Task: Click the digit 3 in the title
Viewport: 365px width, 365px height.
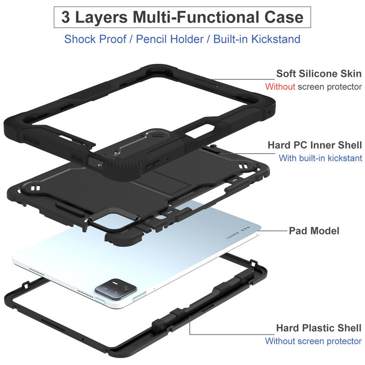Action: coord(65,17)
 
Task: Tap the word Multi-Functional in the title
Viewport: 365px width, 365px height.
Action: coord(196,17)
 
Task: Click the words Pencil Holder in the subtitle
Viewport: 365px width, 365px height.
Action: coord(170,39)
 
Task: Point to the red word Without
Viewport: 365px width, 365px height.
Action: coord(280,87)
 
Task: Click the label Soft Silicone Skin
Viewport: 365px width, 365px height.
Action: coord(319,73)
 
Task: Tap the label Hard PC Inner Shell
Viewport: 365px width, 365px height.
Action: coord(315,145)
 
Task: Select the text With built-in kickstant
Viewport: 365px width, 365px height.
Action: coord(321,158)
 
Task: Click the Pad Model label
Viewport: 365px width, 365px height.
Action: coord(314,231)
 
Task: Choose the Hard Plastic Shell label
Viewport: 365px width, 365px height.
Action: coord(318,328)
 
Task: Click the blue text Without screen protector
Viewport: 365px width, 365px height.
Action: coord(313,341)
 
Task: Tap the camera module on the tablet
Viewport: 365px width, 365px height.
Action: coord(115,290)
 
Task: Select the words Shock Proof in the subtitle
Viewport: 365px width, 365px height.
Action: coord(95,39)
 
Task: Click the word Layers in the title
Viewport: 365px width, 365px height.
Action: coord(101,18)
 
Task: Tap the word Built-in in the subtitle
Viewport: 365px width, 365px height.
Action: coord(230,39)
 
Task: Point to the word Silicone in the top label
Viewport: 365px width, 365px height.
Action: coord(318,73)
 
